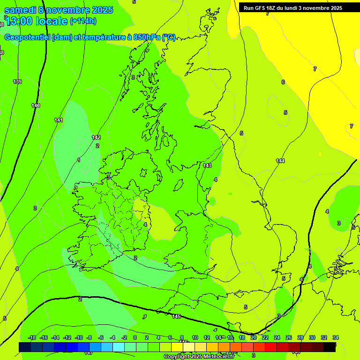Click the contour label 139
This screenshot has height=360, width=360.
(x=17, y=82)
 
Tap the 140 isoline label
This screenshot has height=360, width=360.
(x=36, y=105)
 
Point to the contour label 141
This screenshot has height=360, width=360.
(x=59, y=120)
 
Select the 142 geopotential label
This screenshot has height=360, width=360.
(x=96, y=137)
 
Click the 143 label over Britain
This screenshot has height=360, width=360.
(x=207, y=165)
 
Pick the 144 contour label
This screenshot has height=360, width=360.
(x=280, y=161)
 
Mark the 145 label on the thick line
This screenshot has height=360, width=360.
(x=176, y=317)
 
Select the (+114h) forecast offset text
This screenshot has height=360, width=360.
(x=83, y=21)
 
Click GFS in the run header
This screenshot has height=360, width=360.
(x=259, y=8)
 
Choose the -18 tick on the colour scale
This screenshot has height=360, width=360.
(x=32, y=337)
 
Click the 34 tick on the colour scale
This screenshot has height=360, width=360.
(x=336, y=337)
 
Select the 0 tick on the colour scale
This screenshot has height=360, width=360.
(x=135, y=337)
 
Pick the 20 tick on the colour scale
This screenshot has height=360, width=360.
(x=254, y=337)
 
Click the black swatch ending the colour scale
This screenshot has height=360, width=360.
(x=330, y=347)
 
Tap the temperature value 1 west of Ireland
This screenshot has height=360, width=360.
(x=79, y=160)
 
